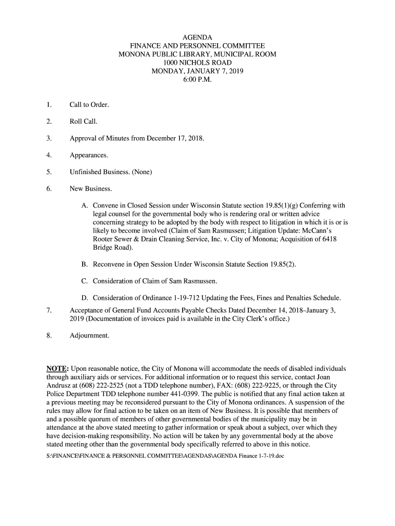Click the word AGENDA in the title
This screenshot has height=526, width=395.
[197, 37]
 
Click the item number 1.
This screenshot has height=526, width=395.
[49, 105]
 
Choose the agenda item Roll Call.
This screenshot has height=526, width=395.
[84, 122]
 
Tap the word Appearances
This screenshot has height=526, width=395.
[89, 155]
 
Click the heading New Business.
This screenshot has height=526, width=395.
[91, 189]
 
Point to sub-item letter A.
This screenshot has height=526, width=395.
[85, 205]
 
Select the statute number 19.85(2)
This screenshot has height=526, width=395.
[282, 264]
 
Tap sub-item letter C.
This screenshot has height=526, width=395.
[85, 281]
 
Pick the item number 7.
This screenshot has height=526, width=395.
[49, 310]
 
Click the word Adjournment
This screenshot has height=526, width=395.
[89, 335]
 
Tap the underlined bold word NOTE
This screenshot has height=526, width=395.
[57, 369]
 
